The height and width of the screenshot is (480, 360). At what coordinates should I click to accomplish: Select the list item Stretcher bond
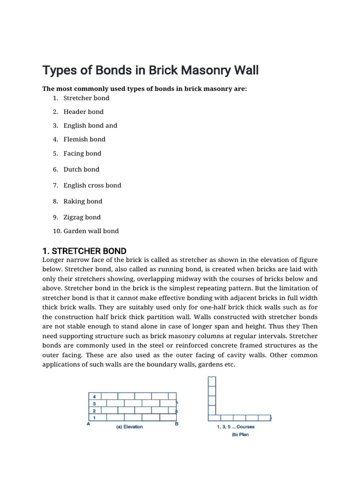pyautogui.click(x=86, y=98)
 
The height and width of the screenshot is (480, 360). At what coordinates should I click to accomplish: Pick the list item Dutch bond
pyautogui.click(x=82, y=169)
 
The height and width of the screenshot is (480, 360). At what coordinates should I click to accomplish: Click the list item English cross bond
pyautogui.click(x=92, y=185)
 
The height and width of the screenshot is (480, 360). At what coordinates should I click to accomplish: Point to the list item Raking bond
pyautogui.click(x=83, y=201)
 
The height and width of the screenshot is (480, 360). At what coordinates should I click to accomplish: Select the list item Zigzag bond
pyautogui.click(x=82, y=217)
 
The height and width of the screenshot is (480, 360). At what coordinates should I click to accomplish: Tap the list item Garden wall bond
pyautogui.click(x=91, y=231)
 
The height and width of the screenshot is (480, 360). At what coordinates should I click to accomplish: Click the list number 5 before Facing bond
pyautogui.click(x=55, y=153)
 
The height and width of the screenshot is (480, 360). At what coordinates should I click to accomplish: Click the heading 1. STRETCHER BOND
pyautogui.click(x=84, y=251)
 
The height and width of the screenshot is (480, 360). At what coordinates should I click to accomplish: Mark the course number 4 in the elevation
pyautogui.click(x=94, y=396)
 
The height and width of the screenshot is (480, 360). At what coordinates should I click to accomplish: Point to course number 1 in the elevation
pyautogui.click(x=94, y=417)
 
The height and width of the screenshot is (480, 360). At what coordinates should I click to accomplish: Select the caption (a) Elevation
pyautogui.click(x=129, y=427)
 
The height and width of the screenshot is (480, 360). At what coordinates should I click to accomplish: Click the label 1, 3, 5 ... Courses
pyautogui.click(x=236, y=427)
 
